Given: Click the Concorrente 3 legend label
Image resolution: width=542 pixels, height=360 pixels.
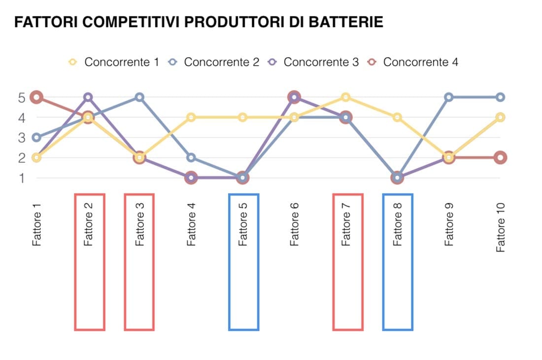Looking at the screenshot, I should (321, 62).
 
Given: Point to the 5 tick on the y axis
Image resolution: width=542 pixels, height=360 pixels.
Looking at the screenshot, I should (21, 98).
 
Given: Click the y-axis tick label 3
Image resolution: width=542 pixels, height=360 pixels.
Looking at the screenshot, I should (21, 138).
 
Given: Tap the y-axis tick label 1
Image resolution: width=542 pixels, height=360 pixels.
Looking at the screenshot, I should (21, 178).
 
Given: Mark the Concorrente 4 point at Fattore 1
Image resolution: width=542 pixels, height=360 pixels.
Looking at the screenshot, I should (36, 97).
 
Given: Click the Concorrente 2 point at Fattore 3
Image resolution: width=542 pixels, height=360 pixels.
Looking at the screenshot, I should (139, 97).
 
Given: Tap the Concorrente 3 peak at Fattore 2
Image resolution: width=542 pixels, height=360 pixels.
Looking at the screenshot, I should (88, 97).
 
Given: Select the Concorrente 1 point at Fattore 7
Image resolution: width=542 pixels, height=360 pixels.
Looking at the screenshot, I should (345, 97).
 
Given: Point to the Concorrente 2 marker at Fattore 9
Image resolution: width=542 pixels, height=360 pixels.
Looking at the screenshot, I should (448, 97).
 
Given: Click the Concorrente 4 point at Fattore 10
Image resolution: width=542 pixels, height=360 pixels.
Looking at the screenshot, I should (500, 158).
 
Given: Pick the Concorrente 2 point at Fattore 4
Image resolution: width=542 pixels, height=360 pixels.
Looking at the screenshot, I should (191, 158).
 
